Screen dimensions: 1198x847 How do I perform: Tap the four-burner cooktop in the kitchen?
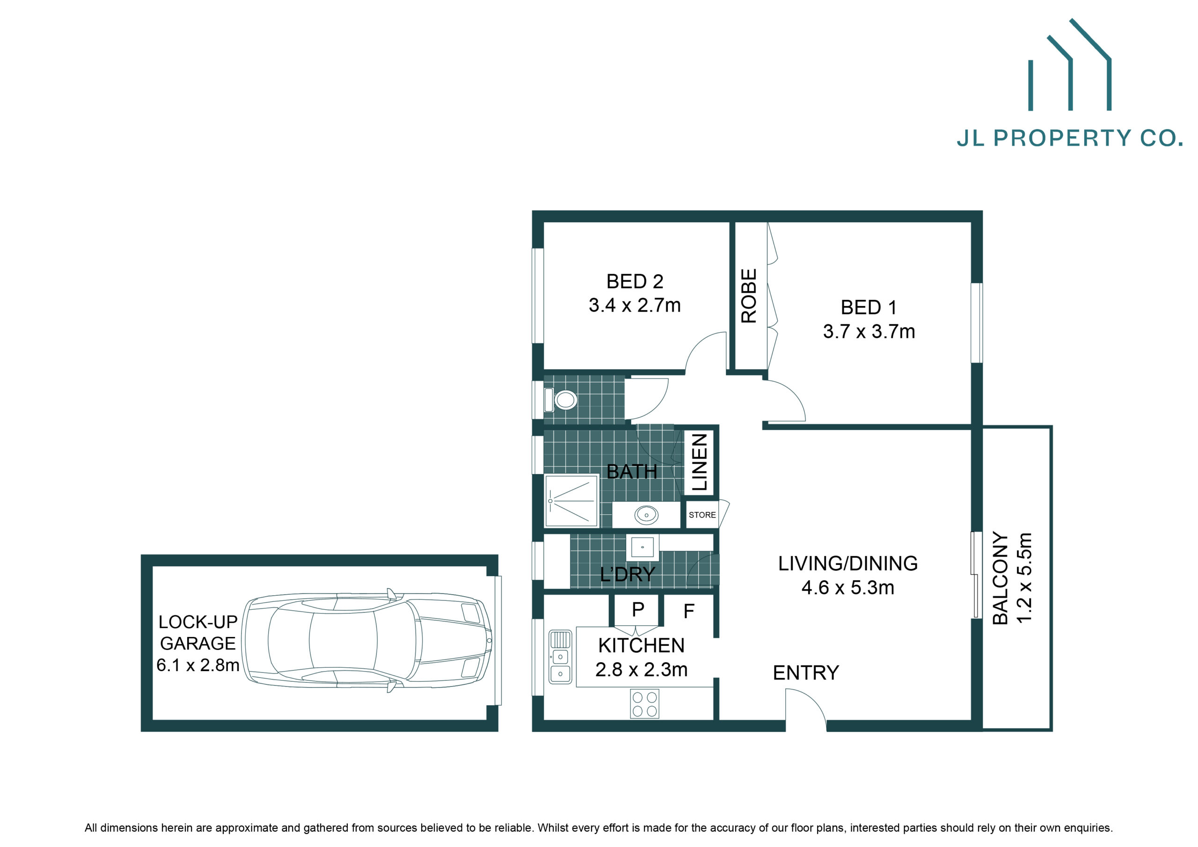[644, 703]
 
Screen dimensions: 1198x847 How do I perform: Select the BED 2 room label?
[635, 282]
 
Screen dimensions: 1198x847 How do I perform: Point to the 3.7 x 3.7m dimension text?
[869, 331]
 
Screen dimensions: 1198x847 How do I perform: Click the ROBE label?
[748, 296]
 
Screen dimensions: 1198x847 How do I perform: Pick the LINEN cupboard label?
[699, 461]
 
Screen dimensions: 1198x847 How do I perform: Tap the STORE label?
[702, 515]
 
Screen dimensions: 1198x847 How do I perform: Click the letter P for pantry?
[638, 609]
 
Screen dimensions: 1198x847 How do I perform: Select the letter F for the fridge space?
[689, 611]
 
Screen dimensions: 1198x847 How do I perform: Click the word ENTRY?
[806, 673]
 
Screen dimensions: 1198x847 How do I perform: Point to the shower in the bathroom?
[571, 500]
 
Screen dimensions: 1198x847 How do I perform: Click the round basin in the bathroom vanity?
[646, 515]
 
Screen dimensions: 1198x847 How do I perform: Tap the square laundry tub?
[643, 548]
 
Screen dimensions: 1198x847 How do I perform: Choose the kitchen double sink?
[560, 657]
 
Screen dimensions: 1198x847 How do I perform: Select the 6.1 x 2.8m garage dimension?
[198, 665]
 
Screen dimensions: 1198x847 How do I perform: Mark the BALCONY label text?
[1000, 578]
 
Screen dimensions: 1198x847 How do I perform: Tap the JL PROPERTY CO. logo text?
[1070, 138]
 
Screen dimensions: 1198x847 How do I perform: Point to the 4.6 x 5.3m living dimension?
[848, 588]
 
